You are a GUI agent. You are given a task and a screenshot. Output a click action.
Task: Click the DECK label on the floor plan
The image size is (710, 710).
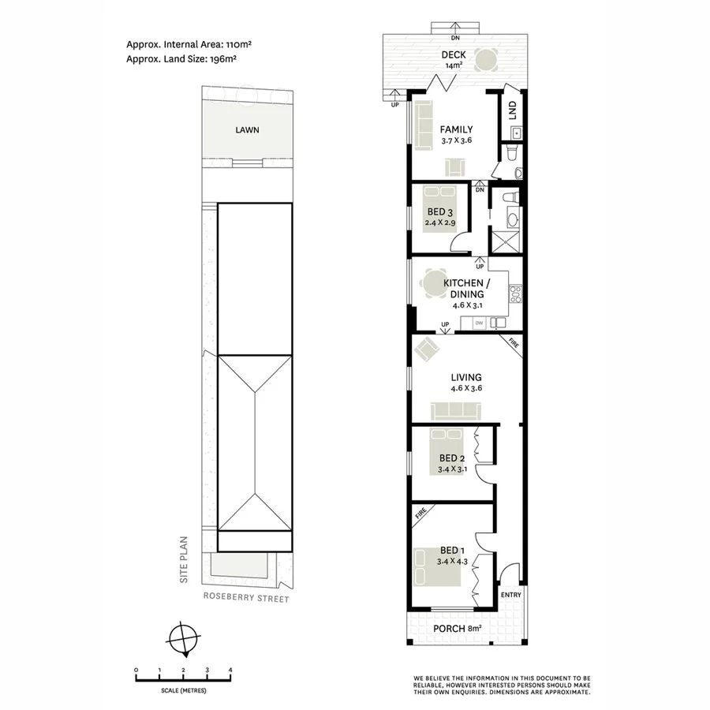454,54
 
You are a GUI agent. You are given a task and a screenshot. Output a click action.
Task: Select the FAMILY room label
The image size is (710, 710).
456,129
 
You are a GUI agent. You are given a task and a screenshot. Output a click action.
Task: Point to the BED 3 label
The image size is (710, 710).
440,211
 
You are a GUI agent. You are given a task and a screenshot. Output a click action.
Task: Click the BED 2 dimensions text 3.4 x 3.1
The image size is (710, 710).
453,469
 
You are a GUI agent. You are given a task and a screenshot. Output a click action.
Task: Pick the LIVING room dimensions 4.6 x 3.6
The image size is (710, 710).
465,388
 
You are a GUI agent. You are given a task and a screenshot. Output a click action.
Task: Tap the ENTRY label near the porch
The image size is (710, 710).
511,594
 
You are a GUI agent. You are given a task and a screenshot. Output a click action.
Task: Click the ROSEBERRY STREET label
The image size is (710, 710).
245,599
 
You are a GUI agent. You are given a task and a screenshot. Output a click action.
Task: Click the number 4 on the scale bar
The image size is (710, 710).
230,671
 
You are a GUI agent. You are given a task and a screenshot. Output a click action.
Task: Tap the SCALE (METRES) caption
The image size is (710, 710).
182,690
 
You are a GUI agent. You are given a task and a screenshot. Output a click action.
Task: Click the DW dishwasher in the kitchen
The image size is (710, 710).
478,322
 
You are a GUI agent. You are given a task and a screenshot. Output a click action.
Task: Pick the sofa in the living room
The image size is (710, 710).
455,410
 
